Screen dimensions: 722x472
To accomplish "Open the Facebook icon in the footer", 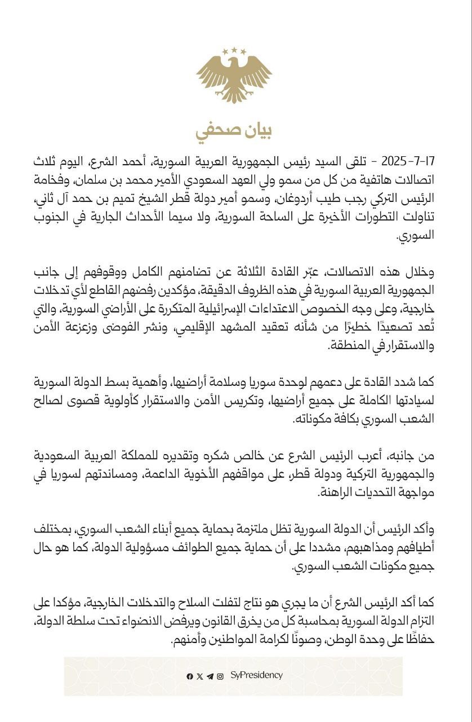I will click(190, 676).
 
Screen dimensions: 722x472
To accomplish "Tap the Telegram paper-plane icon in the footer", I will click(210, 676).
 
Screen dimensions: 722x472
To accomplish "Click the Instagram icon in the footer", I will click(220, 676).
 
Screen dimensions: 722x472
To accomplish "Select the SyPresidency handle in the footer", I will click(257, 675).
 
